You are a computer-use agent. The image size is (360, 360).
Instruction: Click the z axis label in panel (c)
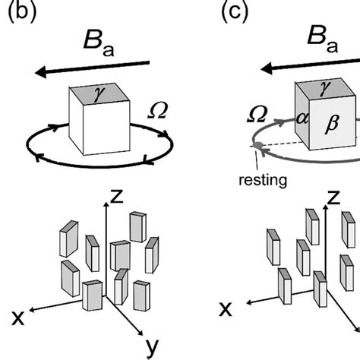pos(332,198)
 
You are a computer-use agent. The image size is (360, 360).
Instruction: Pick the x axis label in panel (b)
pos(12,313)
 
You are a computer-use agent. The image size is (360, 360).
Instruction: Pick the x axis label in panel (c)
pos(226,308)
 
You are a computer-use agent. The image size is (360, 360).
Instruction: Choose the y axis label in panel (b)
pos(152,347)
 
